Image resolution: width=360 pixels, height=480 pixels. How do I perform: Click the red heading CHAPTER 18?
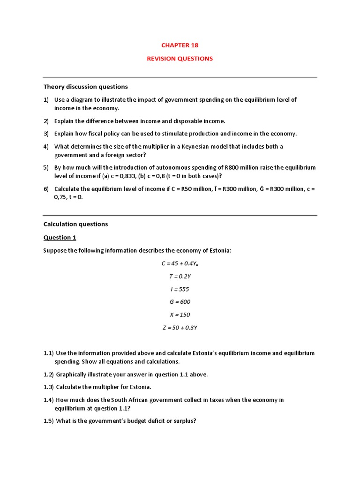(x=180, y=45)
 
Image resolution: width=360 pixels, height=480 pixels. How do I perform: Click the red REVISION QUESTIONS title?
(x=180, y=59)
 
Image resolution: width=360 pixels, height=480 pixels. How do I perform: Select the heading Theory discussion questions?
(x=85, y=87)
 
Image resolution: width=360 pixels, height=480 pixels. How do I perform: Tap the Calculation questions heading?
(x=75, y=224)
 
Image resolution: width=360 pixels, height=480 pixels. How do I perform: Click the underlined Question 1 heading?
(x=60, y=238)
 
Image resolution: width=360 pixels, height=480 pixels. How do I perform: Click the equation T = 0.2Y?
(x=180, y=277)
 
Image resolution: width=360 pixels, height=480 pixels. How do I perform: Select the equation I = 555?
(x=180, y=289)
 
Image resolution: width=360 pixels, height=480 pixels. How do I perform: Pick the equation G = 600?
(x=180, y=302)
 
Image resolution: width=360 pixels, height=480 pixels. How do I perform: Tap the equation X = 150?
(x=180, y=315)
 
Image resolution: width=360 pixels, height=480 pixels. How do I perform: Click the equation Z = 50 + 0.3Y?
(x=180, y=328)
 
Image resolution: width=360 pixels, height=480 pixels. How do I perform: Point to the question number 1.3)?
(x=49, y=387)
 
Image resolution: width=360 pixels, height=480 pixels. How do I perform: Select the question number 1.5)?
(x=49, y=421)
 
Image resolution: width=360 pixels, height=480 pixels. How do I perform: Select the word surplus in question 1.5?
(x=183, y=421)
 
